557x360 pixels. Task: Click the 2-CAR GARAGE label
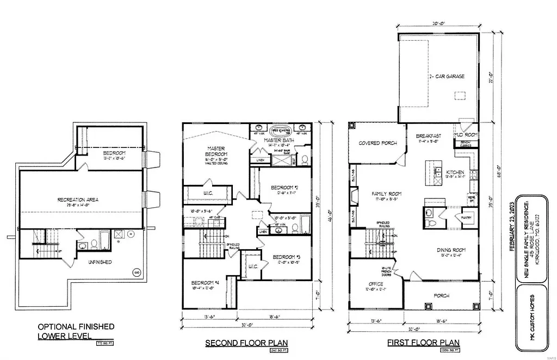coord(445,77)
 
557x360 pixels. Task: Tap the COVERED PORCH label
coord(377,143)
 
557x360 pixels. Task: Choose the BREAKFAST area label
coord(428,135)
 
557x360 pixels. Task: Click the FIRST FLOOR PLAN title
coord(423,343)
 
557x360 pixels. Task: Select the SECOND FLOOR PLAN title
coord(246,343)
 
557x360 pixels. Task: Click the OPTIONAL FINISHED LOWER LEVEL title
coord(76,331)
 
